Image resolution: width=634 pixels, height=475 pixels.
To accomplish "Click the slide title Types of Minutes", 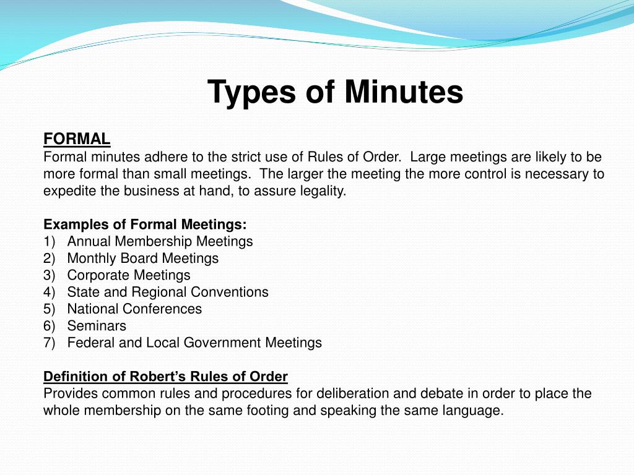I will (335, 92).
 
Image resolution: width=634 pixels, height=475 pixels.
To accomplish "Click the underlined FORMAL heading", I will (77, 139).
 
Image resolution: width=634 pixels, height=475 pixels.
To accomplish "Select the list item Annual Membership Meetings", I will (160, 241).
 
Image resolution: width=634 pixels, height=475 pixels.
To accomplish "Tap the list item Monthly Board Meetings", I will (142, 258).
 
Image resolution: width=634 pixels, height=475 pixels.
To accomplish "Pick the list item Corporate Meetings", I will (128, 275).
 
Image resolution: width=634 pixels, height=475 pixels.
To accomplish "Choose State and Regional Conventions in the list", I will (167, 292).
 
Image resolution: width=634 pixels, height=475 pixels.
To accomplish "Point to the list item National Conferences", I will (134, 309).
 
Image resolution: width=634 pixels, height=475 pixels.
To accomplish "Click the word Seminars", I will (96, 325).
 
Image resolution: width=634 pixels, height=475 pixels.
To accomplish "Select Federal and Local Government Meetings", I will (194, 342).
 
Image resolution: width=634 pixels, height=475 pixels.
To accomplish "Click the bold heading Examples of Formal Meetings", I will (145, 224).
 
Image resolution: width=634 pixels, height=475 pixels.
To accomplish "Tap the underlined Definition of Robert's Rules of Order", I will (165, 376).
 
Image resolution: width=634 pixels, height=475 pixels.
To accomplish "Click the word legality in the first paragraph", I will (321, 190).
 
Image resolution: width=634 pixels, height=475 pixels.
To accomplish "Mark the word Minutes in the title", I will (403, 92).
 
